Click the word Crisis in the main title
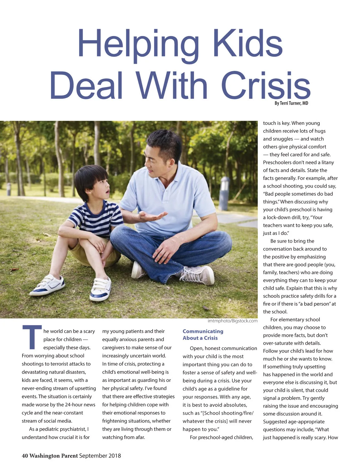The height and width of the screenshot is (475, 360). coord(265,86)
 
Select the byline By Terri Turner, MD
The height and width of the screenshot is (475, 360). coord(291,103)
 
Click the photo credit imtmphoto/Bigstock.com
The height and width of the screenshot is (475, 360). coord(232,321)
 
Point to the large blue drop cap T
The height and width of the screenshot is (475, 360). coord(32,337)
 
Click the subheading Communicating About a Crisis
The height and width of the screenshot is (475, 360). coord(203,334)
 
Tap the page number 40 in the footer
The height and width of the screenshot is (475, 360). coord(25,455)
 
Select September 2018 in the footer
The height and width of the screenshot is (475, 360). coord(100,455)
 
